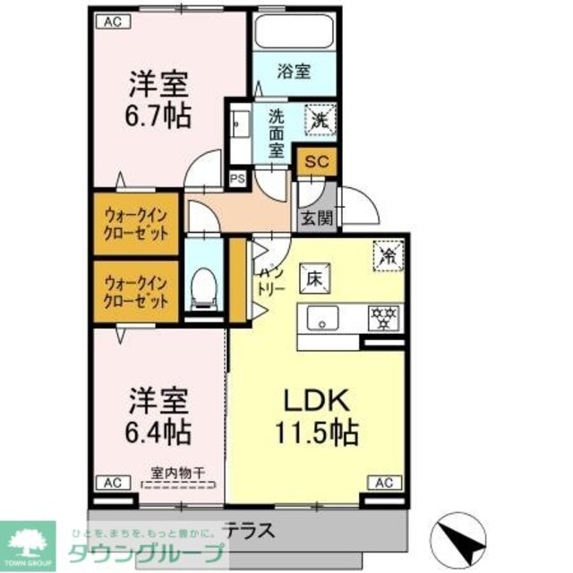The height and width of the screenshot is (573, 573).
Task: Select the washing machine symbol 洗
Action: click(x=320, y=117)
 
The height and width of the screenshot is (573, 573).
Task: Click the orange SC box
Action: click(x=314, y=161)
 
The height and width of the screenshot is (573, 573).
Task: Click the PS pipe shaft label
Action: click(x=236, y=178)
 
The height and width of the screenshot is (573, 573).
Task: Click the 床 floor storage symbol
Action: click(x=315, y=278)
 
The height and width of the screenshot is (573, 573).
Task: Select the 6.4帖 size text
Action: click(x=158, y=432)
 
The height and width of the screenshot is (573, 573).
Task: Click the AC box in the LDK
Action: click(x=382, y=483)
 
